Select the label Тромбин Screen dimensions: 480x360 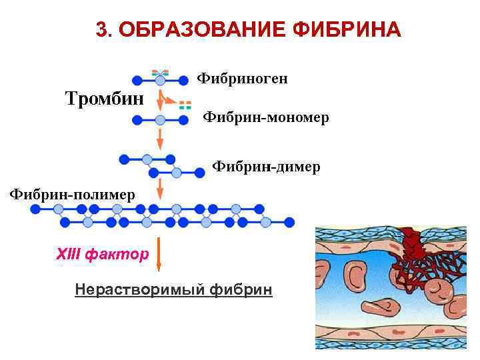(x=105, y=99)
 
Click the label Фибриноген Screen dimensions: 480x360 (x=243, y=79)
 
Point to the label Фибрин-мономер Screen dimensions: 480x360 (x=265, y=118)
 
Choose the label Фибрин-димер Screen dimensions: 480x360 (x=266, y=166)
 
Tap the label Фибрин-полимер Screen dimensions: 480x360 (x=71, y=194)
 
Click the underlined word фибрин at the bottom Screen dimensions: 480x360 (x=241, y=289)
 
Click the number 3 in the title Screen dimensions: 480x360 (x=101, y=30)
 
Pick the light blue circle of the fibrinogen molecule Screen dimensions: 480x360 (x=160, y=81)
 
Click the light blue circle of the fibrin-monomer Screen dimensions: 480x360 (x=160, y=120)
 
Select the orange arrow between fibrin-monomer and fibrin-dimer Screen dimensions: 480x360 (x=160, y=139)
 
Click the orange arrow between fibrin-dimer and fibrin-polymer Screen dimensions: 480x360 (x=160, y=187)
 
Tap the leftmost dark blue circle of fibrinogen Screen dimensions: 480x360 (x=137, y=81)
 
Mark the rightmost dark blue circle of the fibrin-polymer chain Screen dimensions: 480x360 (x=289, y=222)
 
